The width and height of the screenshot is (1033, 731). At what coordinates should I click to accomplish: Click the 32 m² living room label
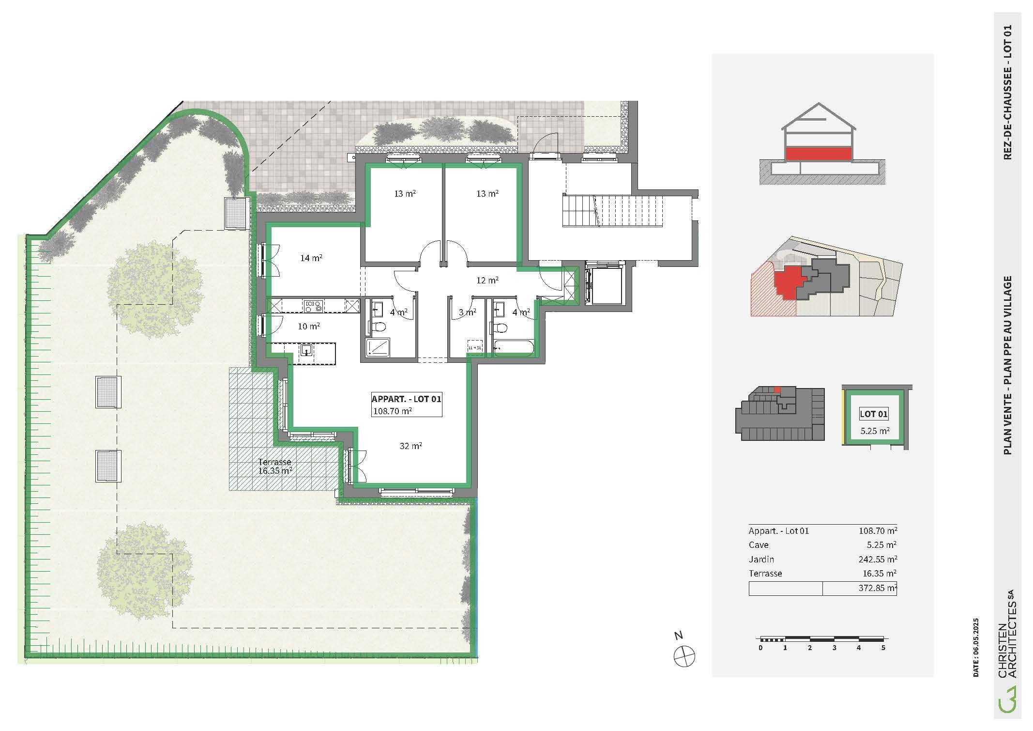410,446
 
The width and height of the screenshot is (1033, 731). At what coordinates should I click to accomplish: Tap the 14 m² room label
311,258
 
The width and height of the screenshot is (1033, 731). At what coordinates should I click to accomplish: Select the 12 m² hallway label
487,280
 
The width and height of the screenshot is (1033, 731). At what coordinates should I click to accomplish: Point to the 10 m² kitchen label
308,327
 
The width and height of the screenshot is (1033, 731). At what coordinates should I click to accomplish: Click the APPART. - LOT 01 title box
406,404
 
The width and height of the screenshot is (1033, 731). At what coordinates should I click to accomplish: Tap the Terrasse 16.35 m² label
275,466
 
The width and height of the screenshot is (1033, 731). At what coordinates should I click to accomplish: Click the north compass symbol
684,656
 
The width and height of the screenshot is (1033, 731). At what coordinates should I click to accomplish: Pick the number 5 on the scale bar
883,648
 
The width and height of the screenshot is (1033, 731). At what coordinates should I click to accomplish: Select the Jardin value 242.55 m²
878,559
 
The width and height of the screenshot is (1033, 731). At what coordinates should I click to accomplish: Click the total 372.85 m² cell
860,588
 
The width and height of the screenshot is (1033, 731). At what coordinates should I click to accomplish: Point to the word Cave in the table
759,545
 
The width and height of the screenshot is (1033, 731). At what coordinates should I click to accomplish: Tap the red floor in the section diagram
818,154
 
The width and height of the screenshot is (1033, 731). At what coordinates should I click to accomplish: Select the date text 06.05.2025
976,647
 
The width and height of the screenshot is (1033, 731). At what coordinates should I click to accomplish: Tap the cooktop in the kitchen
313,306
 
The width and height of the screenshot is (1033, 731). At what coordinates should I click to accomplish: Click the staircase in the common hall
612,211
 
